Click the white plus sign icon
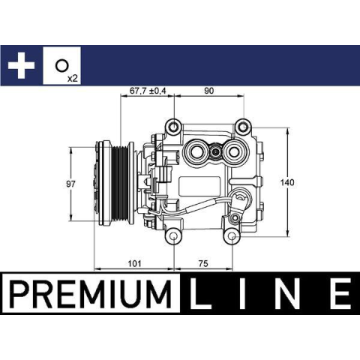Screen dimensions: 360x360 [x=21, y=65]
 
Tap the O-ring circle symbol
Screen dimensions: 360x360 [x=61, y=66]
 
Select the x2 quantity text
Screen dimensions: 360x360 [x=73, y=79]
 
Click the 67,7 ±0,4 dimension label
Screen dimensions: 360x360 [x=148, y=91]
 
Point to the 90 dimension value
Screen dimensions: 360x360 [x=209, y=91]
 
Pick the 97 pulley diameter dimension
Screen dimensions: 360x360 [x=70, y=184]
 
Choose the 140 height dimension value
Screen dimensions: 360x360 [x=287, y=183]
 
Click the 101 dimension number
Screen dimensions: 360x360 [x=134, y=263]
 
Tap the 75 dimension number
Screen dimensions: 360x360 [x=203, y=263]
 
